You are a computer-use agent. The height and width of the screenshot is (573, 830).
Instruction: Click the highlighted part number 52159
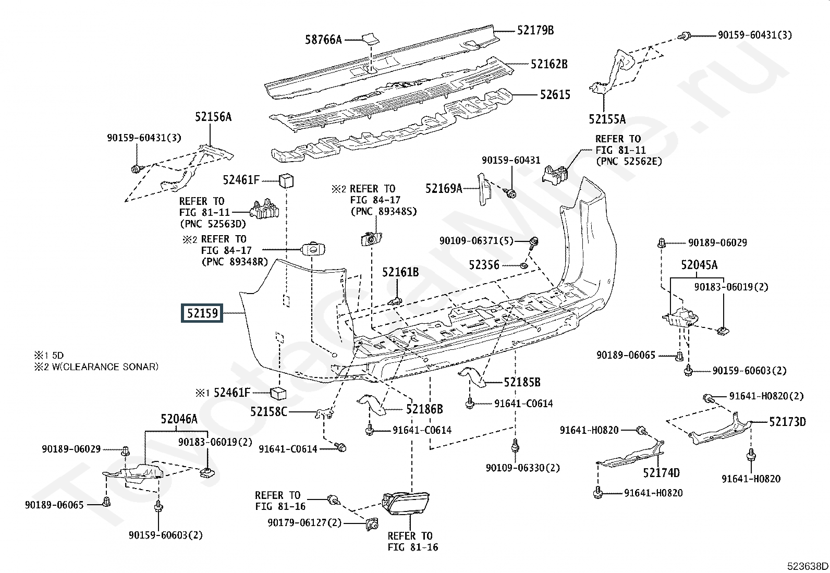pyautogui.click(x=202, y=313)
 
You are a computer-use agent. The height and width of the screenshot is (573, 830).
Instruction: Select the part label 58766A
pyautogui.click(x=323, y=39)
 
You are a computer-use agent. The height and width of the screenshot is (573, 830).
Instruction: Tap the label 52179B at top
pyautogui.click(x=535, y=30)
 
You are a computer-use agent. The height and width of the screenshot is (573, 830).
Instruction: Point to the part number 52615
pyautogui.click(x=555, y=95)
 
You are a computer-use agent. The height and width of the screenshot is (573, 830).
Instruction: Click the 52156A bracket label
pyautogui.click(x=213, y=117)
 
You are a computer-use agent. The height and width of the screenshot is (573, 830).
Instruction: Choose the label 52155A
pyautogui.click(x=607, y=119)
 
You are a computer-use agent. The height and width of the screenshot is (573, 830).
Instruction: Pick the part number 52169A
pyautogui.click(x=444, y=188)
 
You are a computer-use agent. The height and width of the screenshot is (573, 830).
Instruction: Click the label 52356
pyautogui.click(x=484, y=265)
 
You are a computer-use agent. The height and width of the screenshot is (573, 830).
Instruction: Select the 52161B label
pyautogui.click(x=400, y=272)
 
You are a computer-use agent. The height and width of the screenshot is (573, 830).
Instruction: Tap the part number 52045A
pyautogui.click(x=699, y=265)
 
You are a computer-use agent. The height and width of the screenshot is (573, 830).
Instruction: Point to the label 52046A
pyautogui.click(x=179, y=419)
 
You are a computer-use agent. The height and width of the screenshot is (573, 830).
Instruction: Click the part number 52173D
pyautogui.click(x=787, y=421)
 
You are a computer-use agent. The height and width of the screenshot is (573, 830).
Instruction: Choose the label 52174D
pyautogui.click(x=661, y=473)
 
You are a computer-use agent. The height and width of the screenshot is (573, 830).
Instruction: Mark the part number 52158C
pyautogui.click(x=268, y=411)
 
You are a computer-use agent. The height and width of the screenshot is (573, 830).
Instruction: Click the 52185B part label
pyautogui.click(x=522, y=382)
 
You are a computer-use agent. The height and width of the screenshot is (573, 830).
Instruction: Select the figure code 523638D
pyautogui.click(x=808, y=566)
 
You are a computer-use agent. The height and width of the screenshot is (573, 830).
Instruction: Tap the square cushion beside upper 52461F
pyautogui.click(x=287, y=180)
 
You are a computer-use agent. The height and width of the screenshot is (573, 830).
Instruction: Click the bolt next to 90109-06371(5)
pyautogui.click(x=534, y=241)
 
